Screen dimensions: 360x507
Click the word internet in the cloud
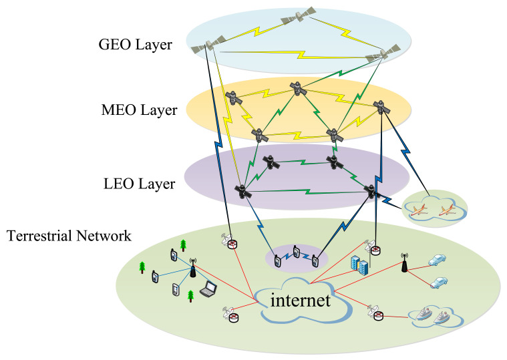(x=301, y=301)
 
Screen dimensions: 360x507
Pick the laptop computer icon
(x=210, y=289)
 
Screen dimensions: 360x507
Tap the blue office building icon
(x=357, y=266)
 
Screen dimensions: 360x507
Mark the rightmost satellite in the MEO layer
(x=380, y=106)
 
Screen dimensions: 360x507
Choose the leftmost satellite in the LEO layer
(x=242, y=191)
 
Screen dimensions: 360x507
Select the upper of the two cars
(x=437, y=259)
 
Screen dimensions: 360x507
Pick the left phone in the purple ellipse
(x=277, y=260)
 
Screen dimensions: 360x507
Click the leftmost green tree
(x=142, y=268)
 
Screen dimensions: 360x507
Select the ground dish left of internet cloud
(x=231, y=313)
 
